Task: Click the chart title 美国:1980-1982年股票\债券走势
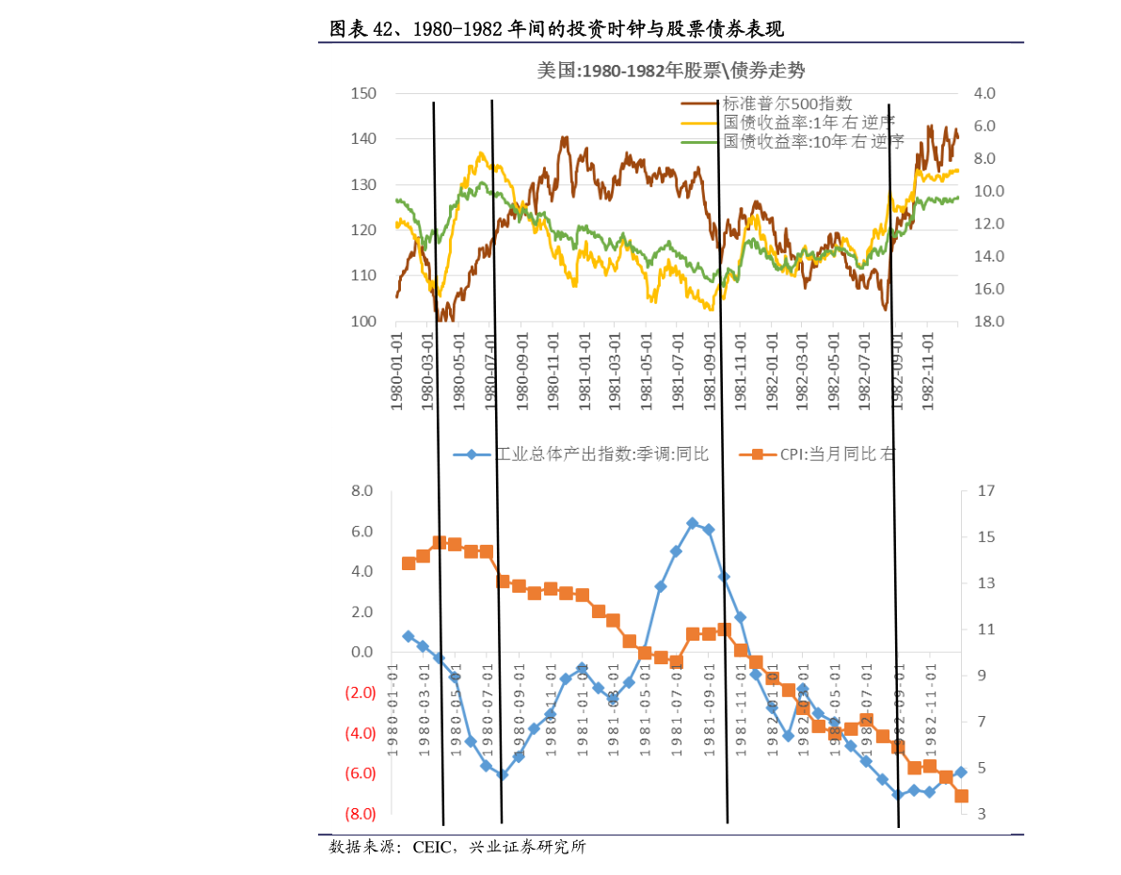click(670, 71)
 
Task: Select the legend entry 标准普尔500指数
click(787, 103)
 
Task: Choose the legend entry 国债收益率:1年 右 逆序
click(808, 122)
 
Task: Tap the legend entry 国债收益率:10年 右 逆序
click(812, 141)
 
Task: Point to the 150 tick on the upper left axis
click(363, 93)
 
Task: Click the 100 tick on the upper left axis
click(363, 322)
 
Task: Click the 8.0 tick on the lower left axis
click(361, 491)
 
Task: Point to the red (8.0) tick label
click(360, 814)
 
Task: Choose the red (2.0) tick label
click(360, 692)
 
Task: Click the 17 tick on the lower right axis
click(986, 491)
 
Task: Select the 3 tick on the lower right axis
click(983, 814)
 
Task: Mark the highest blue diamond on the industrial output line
click(692, 523)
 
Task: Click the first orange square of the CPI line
click(408, 563)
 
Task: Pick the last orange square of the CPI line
click(961, 796)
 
